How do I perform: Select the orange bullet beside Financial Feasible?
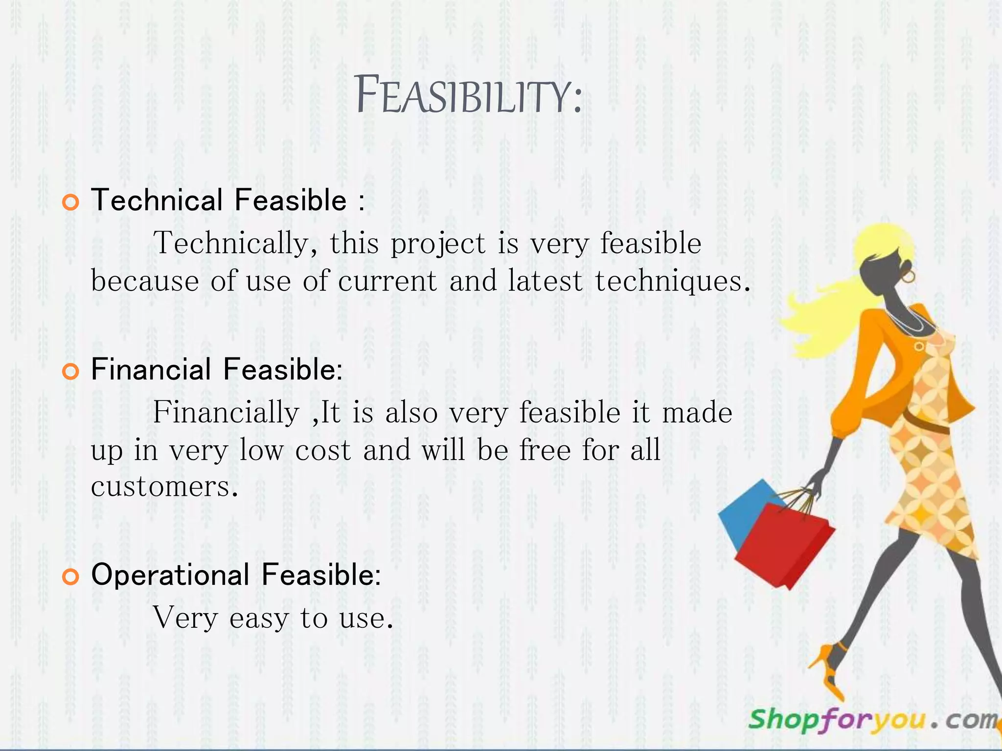coord(71,372)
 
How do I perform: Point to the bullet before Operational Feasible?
coord(71,577)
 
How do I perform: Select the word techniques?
coord(672,282)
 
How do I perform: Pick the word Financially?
coord(226,412)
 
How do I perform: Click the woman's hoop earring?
coord(908,277)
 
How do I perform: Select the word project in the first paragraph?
coord(438,243)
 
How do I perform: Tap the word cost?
coord(323,450)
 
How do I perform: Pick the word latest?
coord(545,282)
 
